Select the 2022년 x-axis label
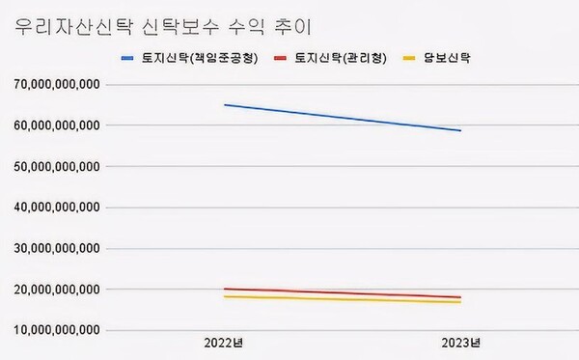[x=223, y=344]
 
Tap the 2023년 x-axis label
[x=460, y=344]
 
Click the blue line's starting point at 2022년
[x=224, y=104]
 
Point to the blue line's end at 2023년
[x=460, y=130]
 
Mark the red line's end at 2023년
[x=460, y=297]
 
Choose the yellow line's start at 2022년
[x=224, y=296]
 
